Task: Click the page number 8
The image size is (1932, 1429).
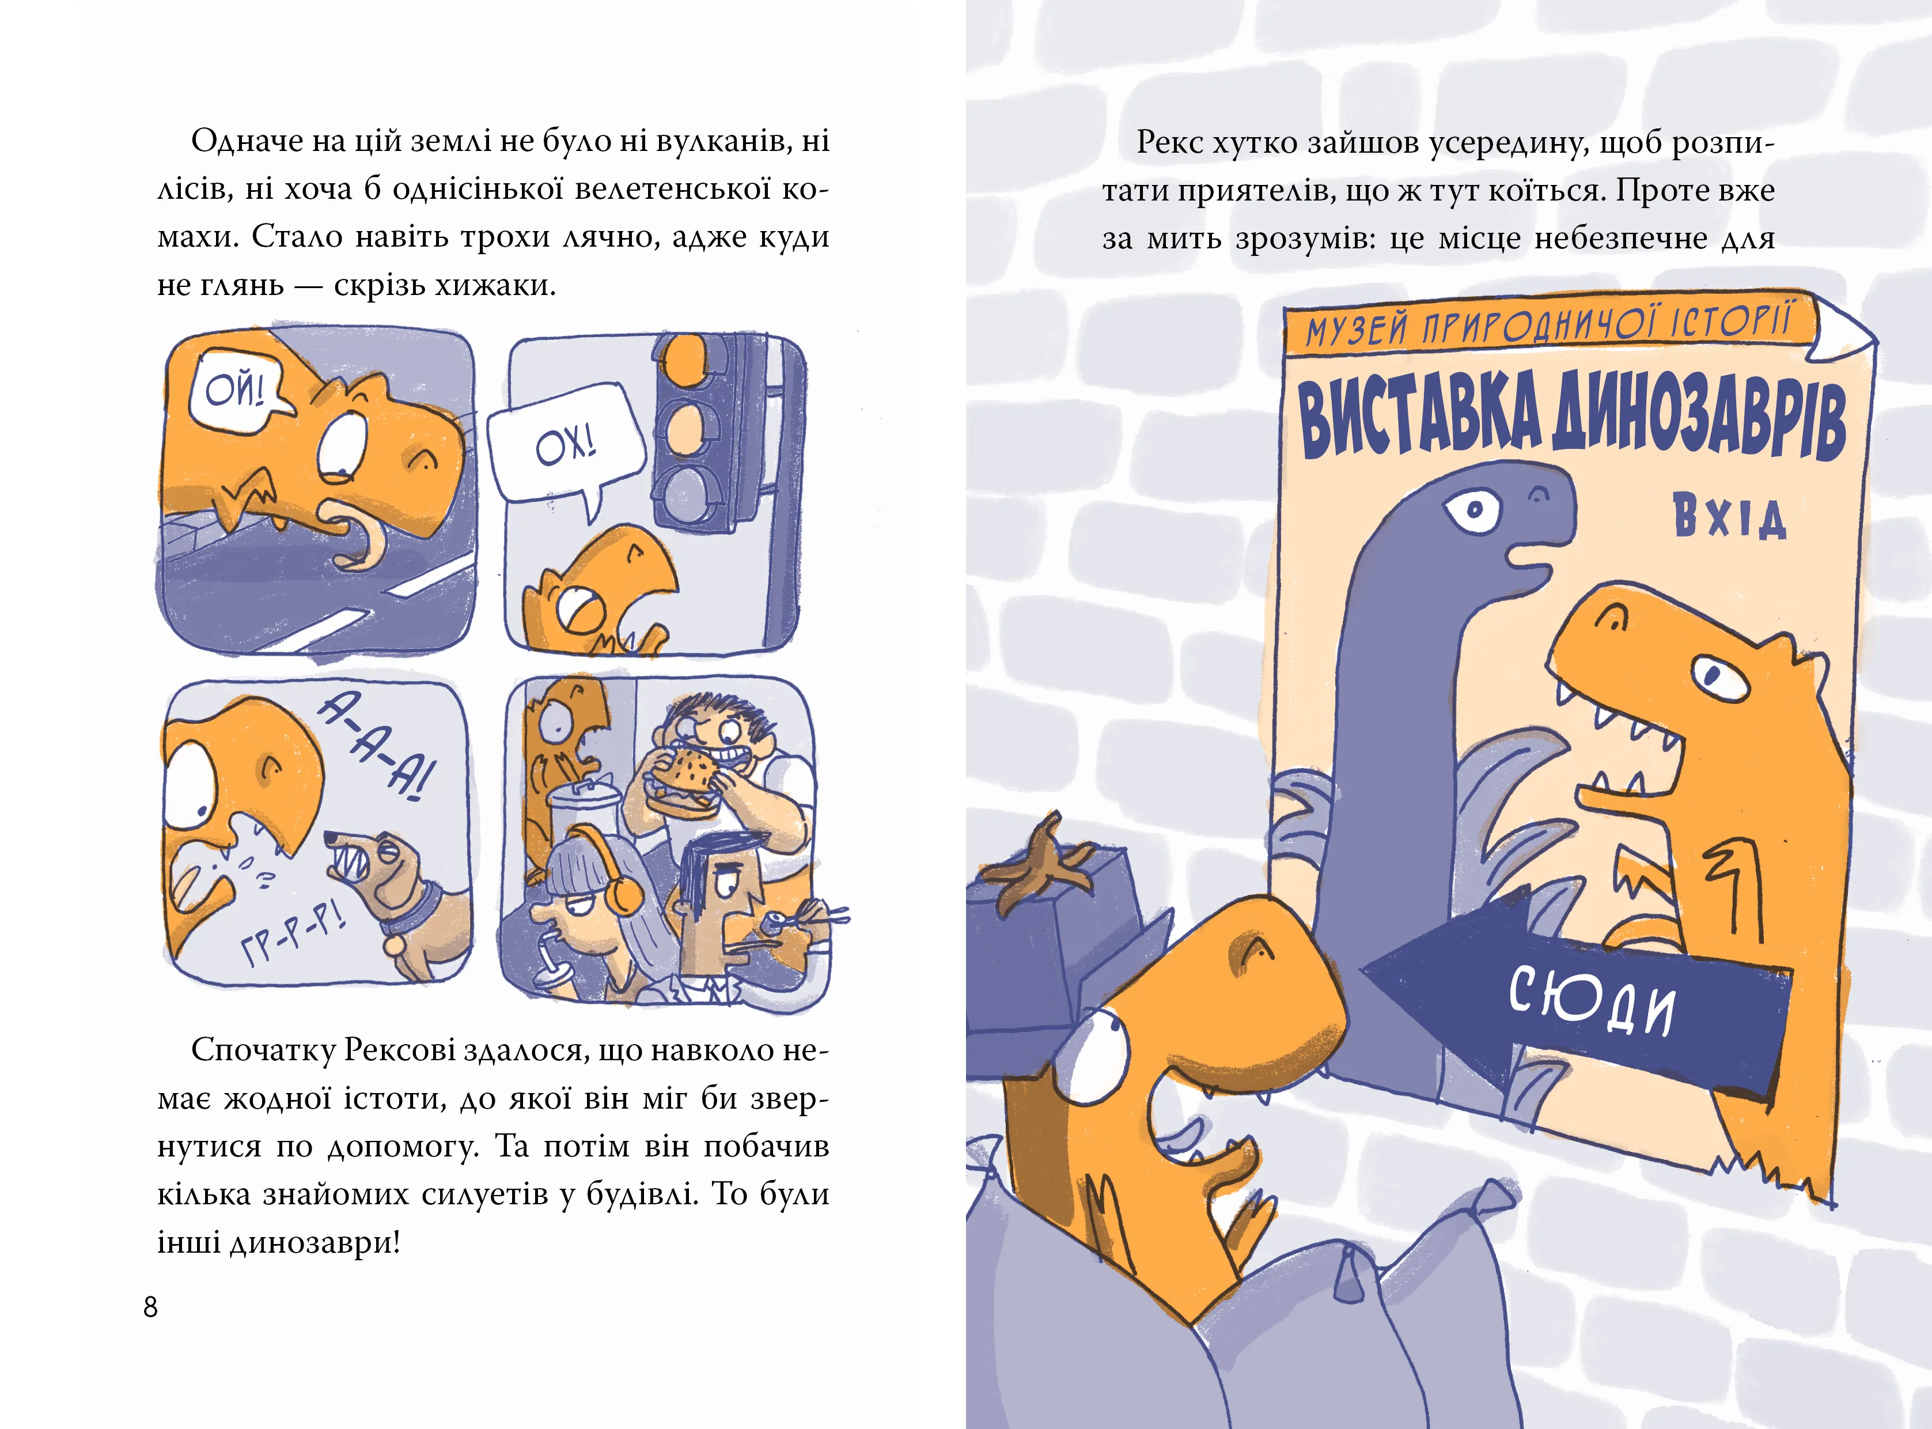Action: pos(150,1307)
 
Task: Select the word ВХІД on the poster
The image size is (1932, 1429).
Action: pos(1729,516)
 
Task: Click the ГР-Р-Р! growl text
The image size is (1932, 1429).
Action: pos(294,933)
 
